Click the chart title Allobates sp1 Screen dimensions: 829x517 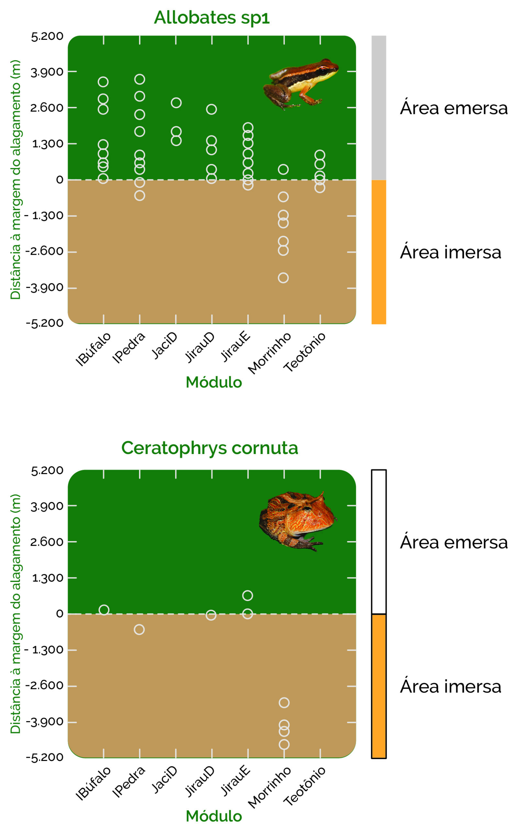tap(212, 17)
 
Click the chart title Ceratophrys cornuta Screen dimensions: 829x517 tap(210, 448)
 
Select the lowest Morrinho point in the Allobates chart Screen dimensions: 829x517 tap(283, 278)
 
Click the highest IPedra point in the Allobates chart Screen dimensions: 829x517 tap(139, 79)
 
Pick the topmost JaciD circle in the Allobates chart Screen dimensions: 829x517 tap(176, 103)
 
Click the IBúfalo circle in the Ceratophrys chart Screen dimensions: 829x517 tap(104, 610)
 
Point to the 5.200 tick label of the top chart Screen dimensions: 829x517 tap(47, 36)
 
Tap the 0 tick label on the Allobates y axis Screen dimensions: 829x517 tap(60, 180)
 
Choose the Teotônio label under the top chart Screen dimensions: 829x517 tap(304, 352)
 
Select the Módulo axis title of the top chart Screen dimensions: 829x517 tap(214, 382)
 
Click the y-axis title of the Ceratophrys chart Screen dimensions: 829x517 tap(16, 613)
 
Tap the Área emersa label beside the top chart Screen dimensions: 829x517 tap(454, 108)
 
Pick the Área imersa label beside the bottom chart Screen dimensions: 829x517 tap(450, 686)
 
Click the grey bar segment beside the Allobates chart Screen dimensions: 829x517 tap(379, 108)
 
